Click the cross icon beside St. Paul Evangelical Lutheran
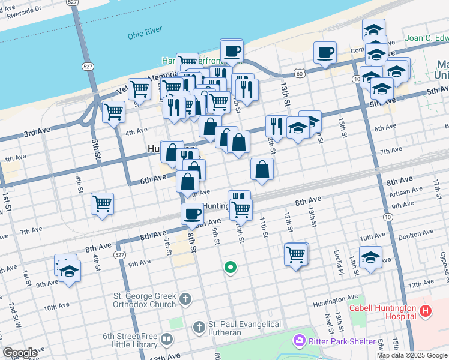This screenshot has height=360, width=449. pyautogui.click(x=199, y=327)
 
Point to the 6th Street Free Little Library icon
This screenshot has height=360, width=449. pyautogui.click(x=167, y=340)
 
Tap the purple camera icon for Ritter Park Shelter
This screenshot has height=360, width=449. pyautogui.click(x=298, y=341)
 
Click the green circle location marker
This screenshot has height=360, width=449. pyautogui.click(x=229, y=268)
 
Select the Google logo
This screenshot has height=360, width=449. pyautogui.click(x=20, y=353)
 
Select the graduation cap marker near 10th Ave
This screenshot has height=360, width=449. pyautogui.click(x=371, y=257)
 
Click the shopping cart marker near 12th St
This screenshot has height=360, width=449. pyautogui.click(x=295, y=255)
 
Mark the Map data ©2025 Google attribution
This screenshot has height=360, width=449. pyautogui.click(x=412, y=355)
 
